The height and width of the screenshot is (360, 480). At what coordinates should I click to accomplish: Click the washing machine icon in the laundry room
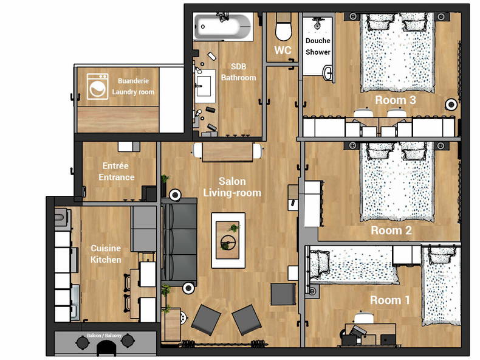pos(97,86)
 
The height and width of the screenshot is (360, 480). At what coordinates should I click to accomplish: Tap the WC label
pos(283,50)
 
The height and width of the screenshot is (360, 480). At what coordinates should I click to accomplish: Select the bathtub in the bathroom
pos(223,27)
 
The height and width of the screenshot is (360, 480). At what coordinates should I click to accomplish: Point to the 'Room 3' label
pos(396,100)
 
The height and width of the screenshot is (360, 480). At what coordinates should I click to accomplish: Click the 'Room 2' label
pos(391,230)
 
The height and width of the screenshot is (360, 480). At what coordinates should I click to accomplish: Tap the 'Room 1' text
pos(389,300)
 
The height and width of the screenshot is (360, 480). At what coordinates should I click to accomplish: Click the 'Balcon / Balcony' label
pos(104,336)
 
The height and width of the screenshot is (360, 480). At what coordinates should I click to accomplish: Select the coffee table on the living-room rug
pos(228,241)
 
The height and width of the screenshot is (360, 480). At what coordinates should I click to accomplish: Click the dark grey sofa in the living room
pos(179,242)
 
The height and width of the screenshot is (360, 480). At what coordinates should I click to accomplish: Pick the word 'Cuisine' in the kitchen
pos(106,248)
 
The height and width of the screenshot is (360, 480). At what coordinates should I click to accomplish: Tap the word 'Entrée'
pos(115,166)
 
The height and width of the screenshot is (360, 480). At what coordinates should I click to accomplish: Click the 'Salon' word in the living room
pos(232,181)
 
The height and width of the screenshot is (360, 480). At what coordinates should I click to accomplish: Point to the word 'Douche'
pos(318,41)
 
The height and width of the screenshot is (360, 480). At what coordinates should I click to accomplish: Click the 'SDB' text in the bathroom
pos(238,66)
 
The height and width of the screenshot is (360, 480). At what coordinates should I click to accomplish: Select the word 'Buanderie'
pos(133,81)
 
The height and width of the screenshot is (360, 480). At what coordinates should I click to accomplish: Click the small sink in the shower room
pos(327,72)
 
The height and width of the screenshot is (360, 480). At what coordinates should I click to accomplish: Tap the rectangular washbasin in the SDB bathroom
pos(205,86)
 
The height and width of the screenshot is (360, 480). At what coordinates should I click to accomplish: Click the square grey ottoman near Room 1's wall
pos(283,294)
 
